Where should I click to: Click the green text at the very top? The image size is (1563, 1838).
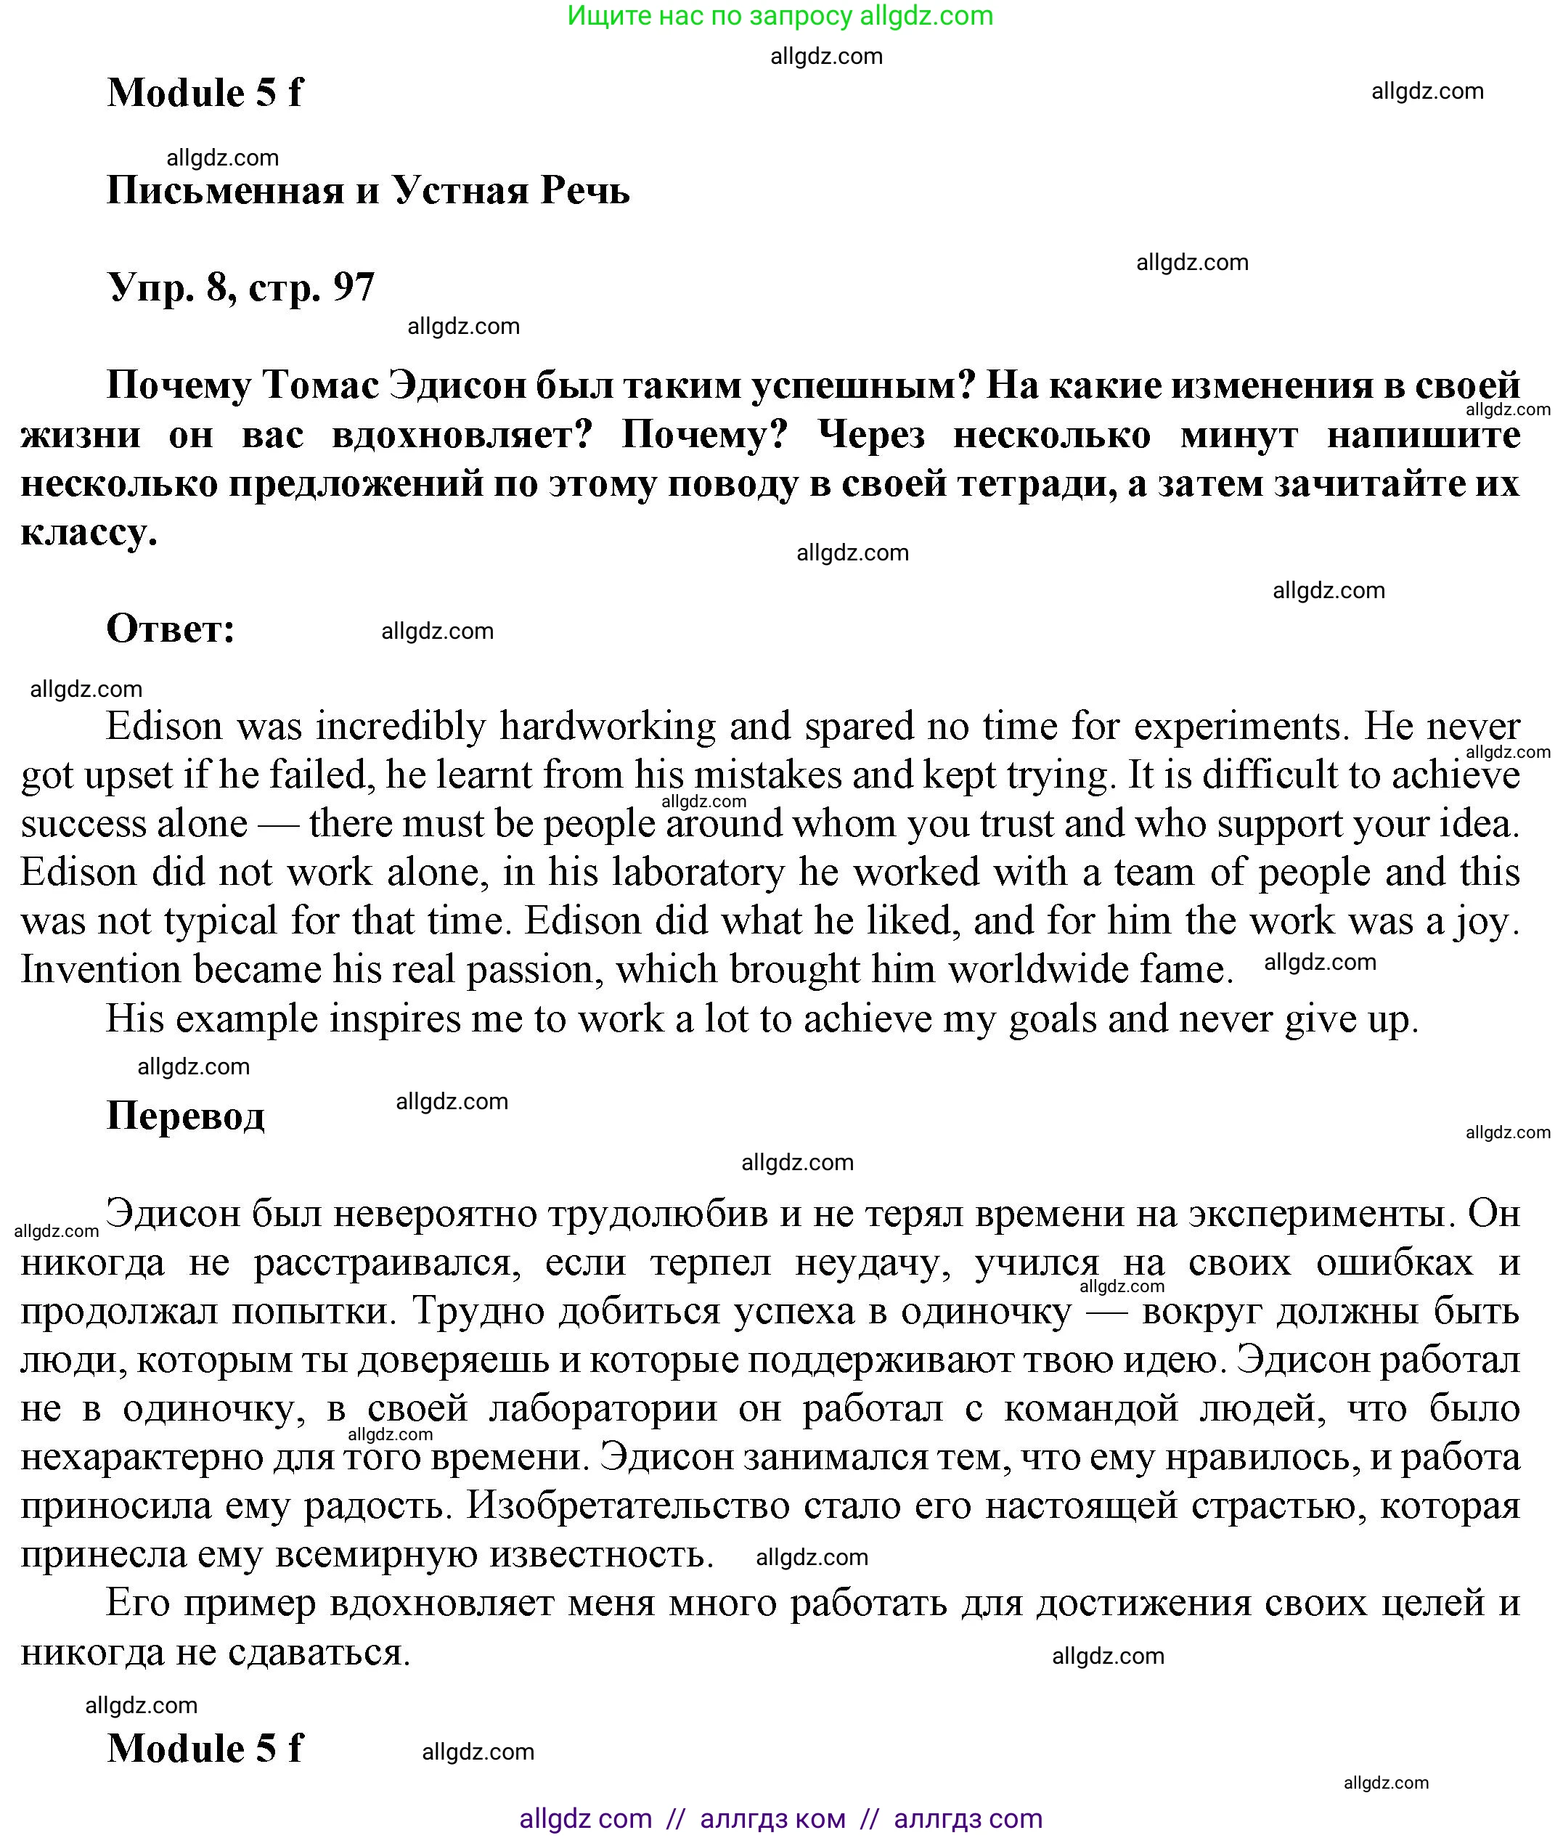click(780, 16)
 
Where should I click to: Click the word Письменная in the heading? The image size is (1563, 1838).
click(225, 190)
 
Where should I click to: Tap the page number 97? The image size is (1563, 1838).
click(354, 287)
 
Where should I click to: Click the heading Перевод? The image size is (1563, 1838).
click(185, 1115)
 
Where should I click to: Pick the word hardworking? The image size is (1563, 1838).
click(608, 727)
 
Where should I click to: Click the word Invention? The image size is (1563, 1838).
click(101, 971)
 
